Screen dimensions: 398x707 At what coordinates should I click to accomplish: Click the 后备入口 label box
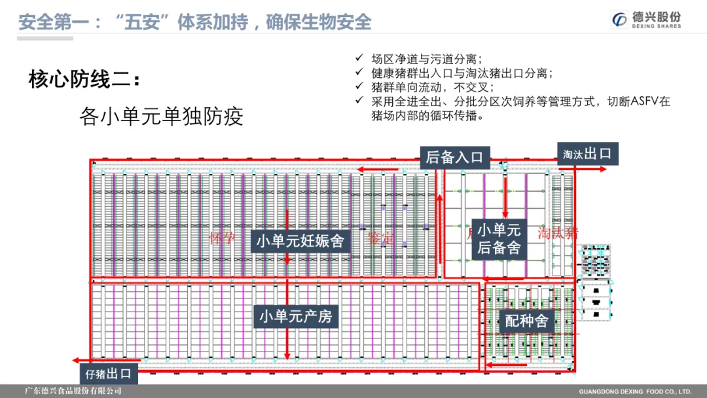[x=454, y=157]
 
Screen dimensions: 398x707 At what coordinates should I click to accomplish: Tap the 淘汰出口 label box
[x=587, y=154]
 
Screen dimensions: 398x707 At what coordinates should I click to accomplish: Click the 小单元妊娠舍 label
[x=300, y=242]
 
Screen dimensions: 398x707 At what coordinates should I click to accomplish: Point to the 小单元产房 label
[x=296, y=317]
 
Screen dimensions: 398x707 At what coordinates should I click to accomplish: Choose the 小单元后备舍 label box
[x=499, y=238]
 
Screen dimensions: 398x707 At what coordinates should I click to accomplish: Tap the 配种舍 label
[x=526, y=321]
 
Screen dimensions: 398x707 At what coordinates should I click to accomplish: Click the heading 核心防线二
[x=84, y=81]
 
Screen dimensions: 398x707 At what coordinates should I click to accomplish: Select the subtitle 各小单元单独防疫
[x=161, y=117]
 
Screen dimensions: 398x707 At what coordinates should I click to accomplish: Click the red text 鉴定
[x=382, y=238]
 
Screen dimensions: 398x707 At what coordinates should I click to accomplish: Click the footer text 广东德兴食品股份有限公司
[x=73, y=391]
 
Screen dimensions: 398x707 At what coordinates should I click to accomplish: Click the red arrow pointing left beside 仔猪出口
[x=82, y=361]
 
